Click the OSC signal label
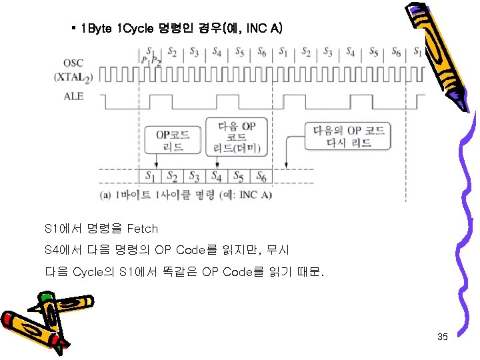[73, 63]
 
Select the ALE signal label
[73, 96]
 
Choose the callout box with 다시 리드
[349, 136]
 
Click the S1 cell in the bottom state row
[151, 176]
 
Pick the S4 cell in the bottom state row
[217, 176]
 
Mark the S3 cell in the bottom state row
[195, 176]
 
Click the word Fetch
[142, 229]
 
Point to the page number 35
[442, 337]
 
